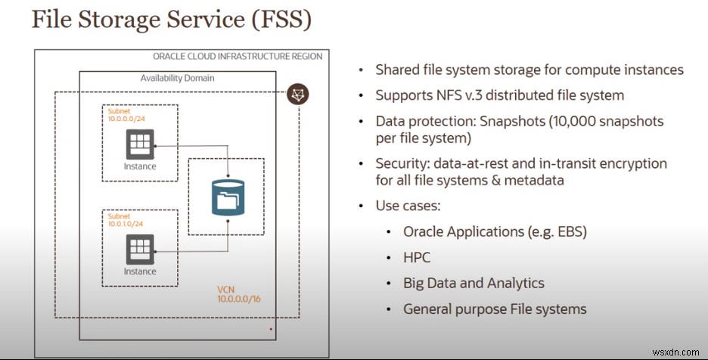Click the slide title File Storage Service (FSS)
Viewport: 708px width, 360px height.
pyautogui.click(x=171, y=20)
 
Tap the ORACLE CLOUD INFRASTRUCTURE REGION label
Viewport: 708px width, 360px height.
pyautogui.click(x=237, y=56)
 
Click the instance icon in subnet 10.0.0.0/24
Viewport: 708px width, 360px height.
pyautogui.click(x=140, y=144)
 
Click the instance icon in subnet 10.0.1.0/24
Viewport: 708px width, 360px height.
pyautogui.click(x=140, y=249)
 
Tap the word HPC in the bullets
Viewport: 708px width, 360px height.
pyautogui.click(x=417, y=258)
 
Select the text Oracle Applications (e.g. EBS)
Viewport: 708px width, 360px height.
pyautogui.click(x=495, y=231)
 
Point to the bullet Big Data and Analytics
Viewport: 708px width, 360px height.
pyautogui.click(x=474, y=284)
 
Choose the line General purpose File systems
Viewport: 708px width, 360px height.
pyautogui.click(x=495, y=309)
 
